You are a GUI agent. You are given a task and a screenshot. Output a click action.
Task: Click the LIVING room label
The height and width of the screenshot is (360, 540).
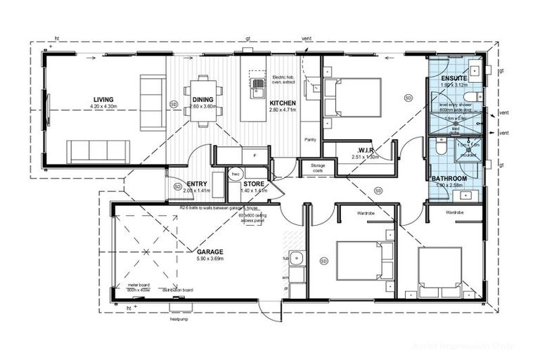[x=103, y=99]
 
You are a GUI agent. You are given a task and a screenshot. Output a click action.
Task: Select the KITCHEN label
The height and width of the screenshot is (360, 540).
[x=283, y=103]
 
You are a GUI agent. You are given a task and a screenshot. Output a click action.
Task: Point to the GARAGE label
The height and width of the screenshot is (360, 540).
[x=210, y=251]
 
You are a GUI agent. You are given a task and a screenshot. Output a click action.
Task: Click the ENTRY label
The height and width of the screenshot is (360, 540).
[x=177, y=183]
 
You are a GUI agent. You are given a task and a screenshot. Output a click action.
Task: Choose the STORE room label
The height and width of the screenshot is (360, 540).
[x=253, y=183]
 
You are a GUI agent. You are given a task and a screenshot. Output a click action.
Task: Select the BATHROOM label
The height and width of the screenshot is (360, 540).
[x=449, y=179]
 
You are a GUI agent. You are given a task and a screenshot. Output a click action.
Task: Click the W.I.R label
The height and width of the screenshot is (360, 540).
[x=365, y=150]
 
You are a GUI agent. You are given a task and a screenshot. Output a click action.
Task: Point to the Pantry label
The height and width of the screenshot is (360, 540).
[x=310, y=139]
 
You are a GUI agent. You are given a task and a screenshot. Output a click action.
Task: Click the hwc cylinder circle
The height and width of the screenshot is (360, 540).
[x=236, y=174]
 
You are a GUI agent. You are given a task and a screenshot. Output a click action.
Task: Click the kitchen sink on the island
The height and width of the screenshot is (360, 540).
[x=259, y=89]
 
